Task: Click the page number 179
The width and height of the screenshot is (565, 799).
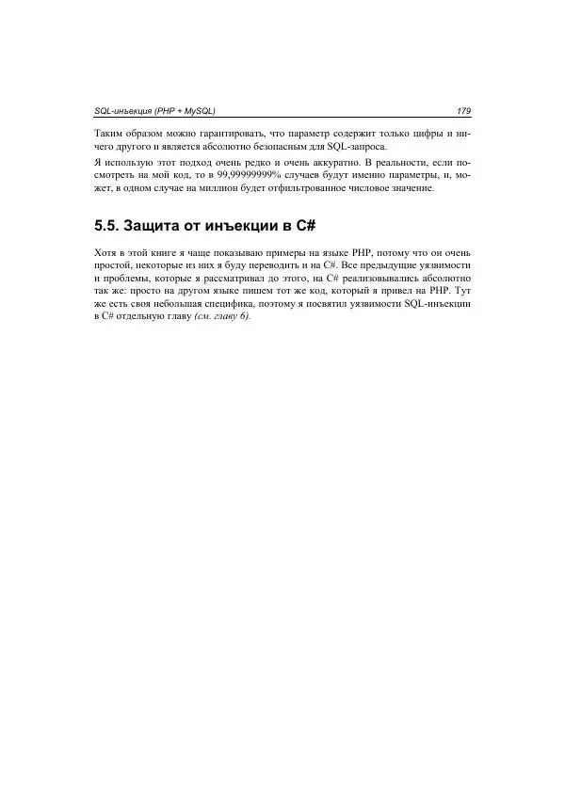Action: (462, 112)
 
